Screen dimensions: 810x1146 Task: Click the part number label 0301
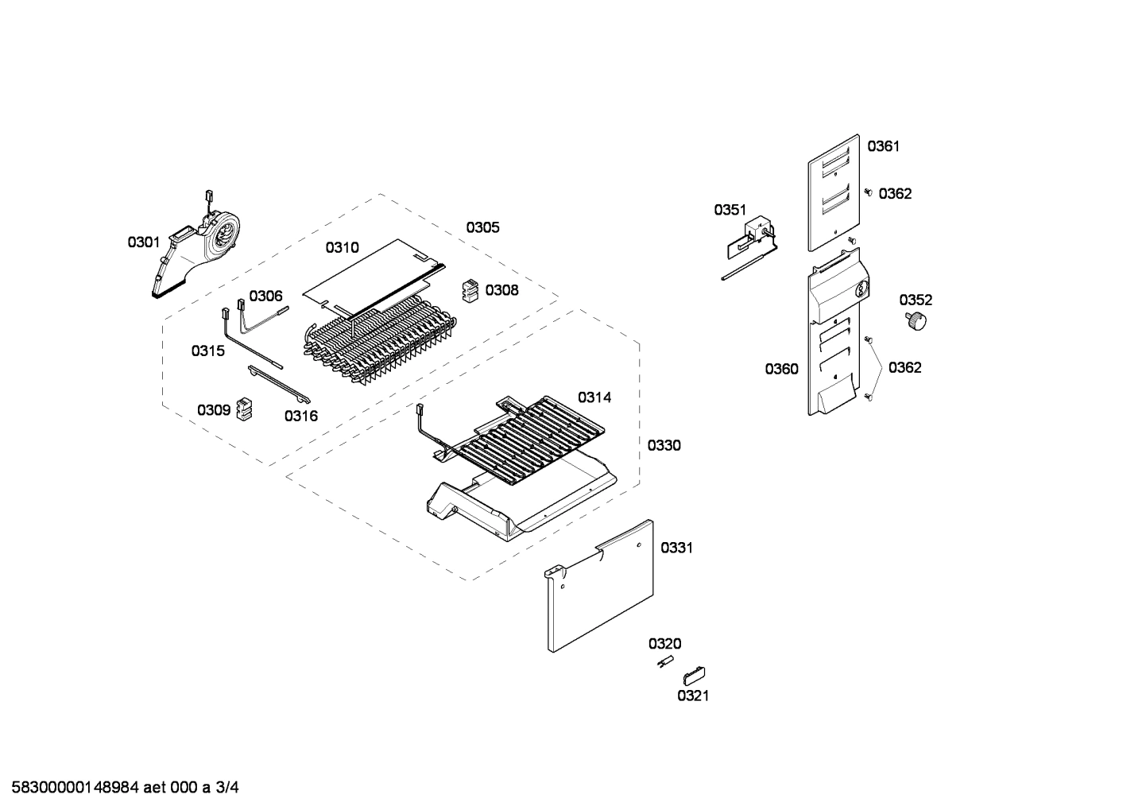pos(144,242)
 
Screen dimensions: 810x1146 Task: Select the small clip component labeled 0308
pos(471,291)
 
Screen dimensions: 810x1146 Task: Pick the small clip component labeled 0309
pos(245,410)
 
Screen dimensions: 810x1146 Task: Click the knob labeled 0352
pos(917,322)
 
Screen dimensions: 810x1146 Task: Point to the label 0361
pos(883,145)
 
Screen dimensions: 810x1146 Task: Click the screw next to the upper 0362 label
pos(868,192)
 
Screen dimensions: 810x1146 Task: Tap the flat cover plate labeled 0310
pos(374,274)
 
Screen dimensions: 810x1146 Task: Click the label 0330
pos(664,445)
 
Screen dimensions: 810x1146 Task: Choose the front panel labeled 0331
pos(601,588)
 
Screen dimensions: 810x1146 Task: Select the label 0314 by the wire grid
pos(594,397)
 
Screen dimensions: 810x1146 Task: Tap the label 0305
pos(482,227)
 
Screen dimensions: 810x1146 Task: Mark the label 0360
pos(781,369)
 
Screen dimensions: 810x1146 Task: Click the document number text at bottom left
pos(121,788)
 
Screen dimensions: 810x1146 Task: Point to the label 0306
pos(265,296)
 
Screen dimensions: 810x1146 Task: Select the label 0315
pos(207,350)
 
